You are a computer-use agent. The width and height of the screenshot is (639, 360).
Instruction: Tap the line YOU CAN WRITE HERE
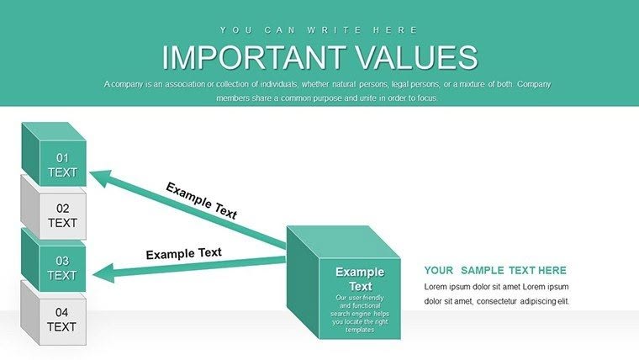[319, 30]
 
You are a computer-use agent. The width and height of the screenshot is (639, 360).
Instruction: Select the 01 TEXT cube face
[61, 165]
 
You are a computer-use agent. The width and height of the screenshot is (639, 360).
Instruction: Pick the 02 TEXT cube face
[61, 215]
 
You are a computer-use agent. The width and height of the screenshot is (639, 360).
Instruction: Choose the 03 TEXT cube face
[61, 267]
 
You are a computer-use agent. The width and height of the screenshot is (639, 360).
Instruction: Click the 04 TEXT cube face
[61, 320]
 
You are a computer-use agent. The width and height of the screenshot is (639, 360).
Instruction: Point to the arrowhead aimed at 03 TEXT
[101, 272]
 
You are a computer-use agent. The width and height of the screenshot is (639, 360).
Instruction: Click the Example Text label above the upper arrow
[201, 200]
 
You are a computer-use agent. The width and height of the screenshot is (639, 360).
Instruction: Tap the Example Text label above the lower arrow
[183, 253]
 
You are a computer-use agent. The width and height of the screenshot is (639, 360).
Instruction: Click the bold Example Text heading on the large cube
[360, 279]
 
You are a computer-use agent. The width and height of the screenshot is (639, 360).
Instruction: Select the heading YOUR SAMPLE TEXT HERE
[495, 271]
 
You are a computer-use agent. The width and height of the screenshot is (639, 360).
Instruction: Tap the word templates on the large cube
[360, 329]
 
